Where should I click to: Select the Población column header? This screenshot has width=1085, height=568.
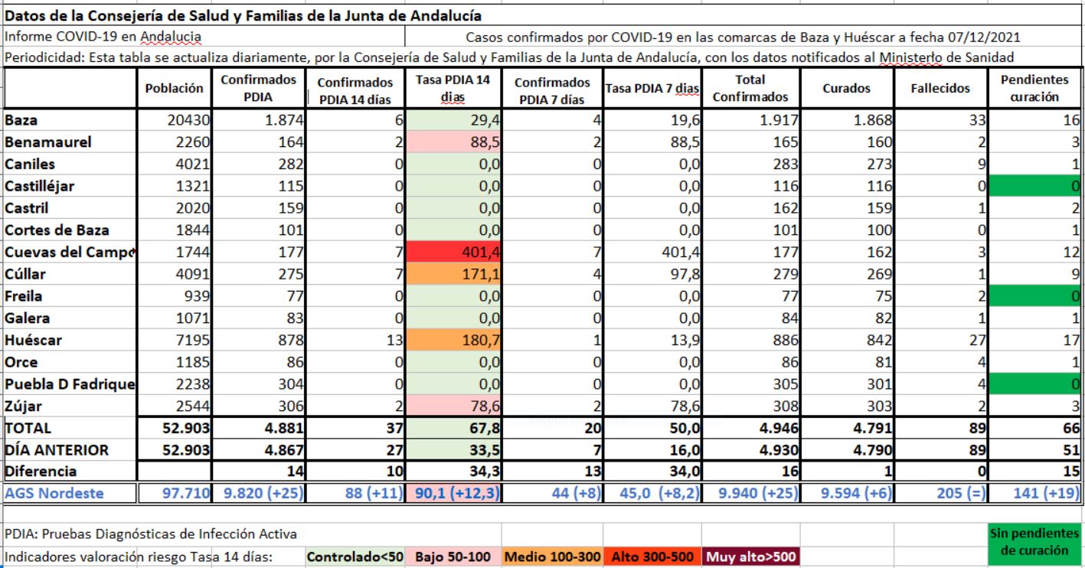(175, 89)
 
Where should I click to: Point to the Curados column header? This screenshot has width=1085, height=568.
(845, 89)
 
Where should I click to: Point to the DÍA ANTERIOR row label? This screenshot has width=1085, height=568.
(57, 450)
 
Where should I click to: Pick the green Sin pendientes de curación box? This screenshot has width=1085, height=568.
(1034, 541)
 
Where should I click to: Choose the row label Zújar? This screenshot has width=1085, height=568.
(24, 406)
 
